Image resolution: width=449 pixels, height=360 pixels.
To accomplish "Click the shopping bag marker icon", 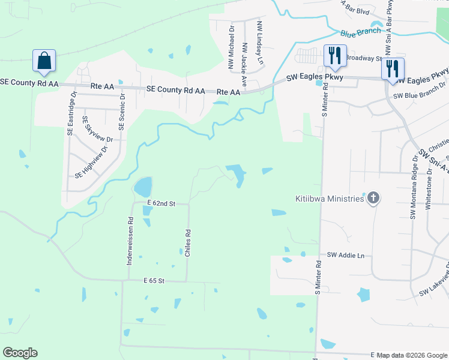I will coord(44,61).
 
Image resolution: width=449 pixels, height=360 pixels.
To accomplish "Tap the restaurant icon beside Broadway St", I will coord(332,56).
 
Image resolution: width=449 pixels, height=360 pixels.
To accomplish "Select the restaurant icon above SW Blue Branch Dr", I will coord(393,68).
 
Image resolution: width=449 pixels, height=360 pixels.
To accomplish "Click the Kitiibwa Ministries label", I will coord(330,199).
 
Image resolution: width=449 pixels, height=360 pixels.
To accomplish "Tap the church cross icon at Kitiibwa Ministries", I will coord(373,198).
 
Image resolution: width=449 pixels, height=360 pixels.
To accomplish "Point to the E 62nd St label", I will coord(160,204).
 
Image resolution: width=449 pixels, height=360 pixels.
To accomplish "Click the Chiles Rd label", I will coord(188,244).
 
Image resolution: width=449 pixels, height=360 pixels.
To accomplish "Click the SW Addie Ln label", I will coord(346,256).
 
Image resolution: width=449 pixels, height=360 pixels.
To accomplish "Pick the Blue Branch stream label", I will coord(360,31).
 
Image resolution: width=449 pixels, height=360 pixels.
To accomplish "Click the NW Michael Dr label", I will coord(231,47).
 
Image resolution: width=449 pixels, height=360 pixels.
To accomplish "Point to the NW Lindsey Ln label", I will coord(260,43).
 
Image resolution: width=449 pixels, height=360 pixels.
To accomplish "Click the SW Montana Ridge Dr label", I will coord(413,186).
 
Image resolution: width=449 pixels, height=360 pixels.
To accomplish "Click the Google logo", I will coord(20,353).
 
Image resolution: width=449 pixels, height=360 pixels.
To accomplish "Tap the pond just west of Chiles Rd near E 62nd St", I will coord(143,187).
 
